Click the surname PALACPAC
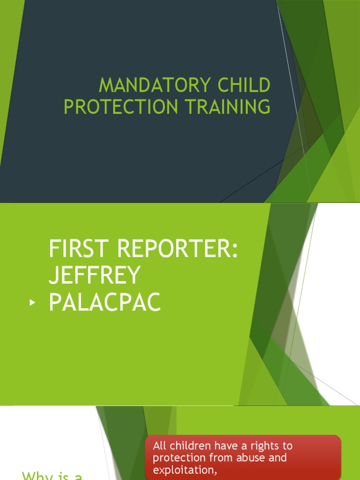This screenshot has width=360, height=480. click(x=105, y=303)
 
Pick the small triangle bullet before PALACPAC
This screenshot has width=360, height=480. click(x=32, y=303)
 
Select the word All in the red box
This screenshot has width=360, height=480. click(x=160, y=446)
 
